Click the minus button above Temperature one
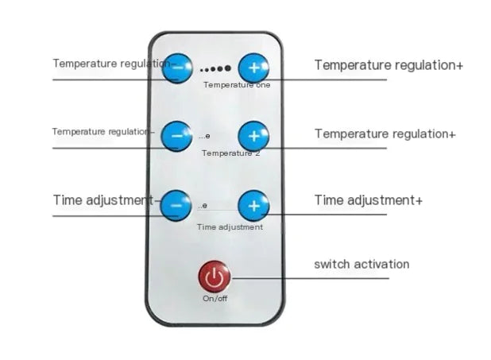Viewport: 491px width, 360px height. [176, 68]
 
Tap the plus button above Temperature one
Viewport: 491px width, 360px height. [253, 68]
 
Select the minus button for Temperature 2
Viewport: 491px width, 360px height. [176, 136]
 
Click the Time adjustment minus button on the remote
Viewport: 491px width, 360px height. [176, 205]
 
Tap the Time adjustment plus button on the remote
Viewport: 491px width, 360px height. [253, 205]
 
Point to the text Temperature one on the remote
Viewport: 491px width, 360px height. [236, 84]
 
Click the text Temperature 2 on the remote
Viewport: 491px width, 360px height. [230, 153]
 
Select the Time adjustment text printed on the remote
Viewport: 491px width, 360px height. [230, 227]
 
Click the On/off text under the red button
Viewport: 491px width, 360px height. [215, 298]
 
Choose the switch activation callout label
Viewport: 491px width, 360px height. [361, 264]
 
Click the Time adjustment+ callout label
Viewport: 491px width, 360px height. [368, 199]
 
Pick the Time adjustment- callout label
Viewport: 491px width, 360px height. [103, 199]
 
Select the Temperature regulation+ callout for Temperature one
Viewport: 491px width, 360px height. [389, 65]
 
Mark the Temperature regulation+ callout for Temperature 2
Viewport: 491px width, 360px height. [385, 134]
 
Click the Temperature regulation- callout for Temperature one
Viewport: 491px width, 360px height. [111, 63]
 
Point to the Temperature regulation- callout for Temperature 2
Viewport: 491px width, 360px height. [103, 131]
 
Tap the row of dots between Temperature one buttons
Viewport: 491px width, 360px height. [215, 69]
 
